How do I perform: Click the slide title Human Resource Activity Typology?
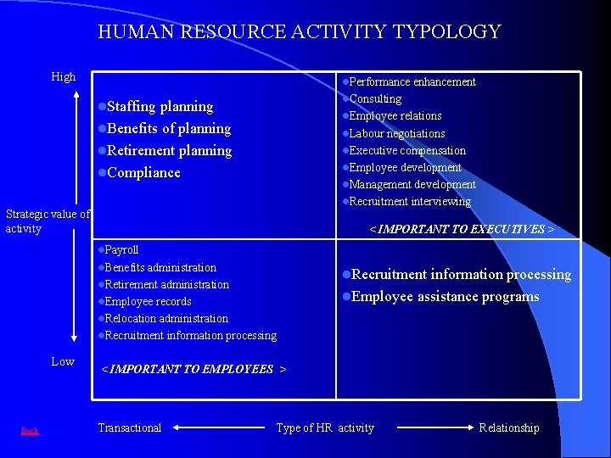click(x=300, y=32)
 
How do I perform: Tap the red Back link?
click(x=30, y=431)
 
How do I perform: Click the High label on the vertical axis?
click(x=64, y=77)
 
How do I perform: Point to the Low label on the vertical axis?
click(x=63, y=361)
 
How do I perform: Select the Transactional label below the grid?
click(x=129, y=428)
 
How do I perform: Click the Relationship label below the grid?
click(x=508, y=428)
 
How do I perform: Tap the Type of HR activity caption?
click(x=325, y=428)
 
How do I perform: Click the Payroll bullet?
click(x=121, y=250)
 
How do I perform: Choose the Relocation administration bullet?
click(x=165, y=319)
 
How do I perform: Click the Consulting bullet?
click(x=375, y=99)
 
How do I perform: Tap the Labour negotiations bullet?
click(x=396, y=134)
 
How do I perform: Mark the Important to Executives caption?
click(x=462, y=229)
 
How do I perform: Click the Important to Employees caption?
click(x=193, y=369)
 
